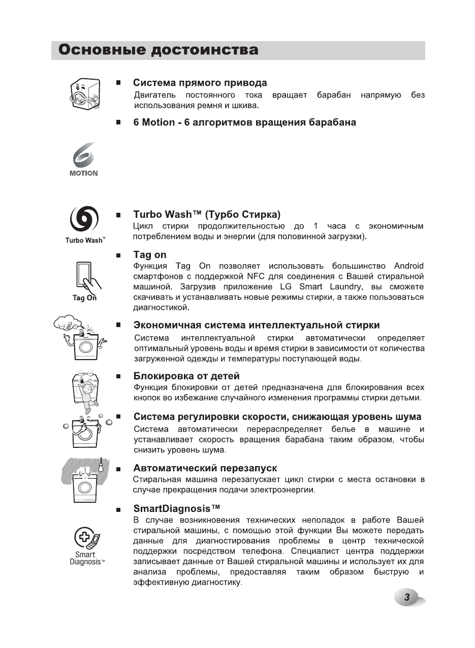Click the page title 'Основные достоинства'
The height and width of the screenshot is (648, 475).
158,50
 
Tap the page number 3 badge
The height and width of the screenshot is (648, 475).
407,598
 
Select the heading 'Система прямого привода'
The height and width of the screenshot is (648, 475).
200,83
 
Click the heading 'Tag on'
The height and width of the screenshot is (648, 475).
150,255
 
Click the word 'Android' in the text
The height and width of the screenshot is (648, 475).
408,266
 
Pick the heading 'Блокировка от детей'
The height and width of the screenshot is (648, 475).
186,376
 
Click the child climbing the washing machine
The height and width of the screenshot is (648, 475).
88,394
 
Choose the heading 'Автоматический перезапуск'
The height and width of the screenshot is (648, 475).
205,468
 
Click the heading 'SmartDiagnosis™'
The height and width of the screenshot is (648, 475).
177,508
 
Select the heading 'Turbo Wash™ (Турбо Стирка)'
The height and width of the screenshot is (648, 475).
207,215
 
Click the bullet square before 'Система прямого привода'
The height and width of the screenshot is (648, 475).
118,82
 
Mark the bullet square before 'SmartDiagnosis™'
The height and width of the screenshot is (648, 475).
118,509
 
